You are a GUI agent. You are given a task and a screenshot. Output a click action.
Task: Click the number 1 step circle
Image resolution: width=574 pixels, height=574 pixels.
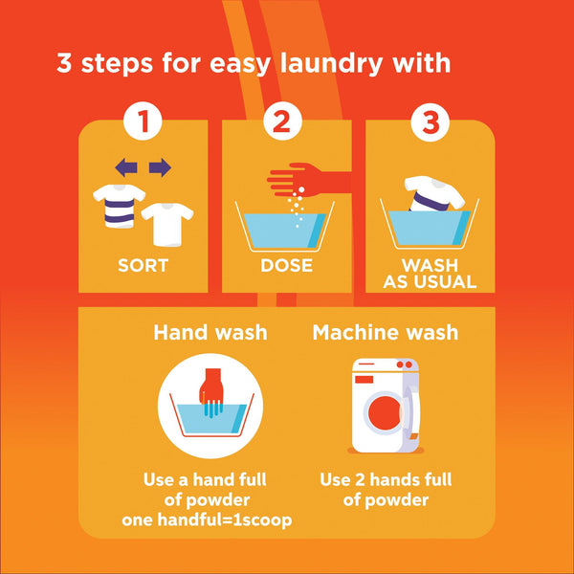(143, 121)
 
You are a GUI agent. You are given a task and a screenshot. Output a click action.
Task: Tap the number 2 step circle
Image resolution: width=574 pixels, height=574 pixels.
(282, 121)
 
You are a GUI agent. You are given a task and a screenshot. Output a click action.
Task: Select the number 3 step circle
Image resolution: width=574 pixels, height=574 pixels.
(430, 122)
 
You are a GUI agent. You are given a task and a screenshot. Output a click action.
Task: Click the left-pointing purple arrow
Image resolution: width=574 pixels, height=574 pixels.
(126, 168)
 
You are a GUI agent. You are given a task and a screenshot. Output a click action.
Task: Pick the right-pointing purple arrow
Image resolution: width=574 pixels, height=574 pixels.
(160, 168)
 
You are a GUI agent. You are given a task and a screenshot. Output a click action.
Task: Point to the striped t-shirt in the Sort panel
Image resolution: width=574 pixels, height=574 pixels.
(119, 206)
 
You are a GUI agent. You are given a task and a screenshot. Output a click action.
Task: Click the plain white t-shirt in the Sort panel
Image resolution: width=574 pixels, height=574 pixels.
(167, 224)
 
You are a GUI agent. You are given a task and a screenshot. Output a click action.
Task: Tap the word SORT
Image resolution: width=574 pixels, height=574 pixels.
(143, 265)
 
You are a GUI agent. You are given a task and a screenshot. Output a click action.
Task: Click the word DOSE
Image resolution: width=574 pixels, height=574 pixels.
(287, 265)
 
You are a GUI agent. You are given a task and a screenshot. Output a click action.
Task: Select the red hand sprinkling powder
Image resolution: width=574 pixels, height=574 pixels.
(307, 180)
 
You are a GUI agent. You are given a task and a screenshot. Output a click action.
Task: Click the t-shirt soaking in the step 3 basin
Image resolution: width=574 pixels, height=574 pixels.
(434, 194)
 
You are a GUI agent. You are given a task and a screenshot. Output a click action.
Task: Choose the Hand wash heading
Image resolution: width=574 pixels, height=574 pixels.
(210, 332)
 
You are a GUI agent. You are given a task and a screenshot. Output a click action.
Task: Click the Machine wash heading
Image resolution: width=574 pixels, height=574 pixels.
(386, 332)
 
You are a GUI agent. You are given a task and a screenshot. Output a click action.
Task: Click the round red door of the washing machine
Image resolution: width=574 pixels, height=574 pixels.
(385, 413)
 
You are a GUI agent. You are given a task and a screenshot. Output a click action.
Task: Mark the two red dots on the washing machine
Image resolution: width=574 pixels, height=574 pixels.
(403, 364)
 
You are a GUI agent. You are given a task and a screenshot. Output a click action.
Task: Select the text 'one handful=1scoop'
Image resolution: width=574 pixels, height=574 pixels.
(207, 520)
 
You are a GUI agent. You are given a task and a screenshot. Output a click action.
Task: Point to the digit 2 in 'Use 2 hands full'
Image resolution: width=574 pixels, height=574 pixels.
(361, 480)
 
